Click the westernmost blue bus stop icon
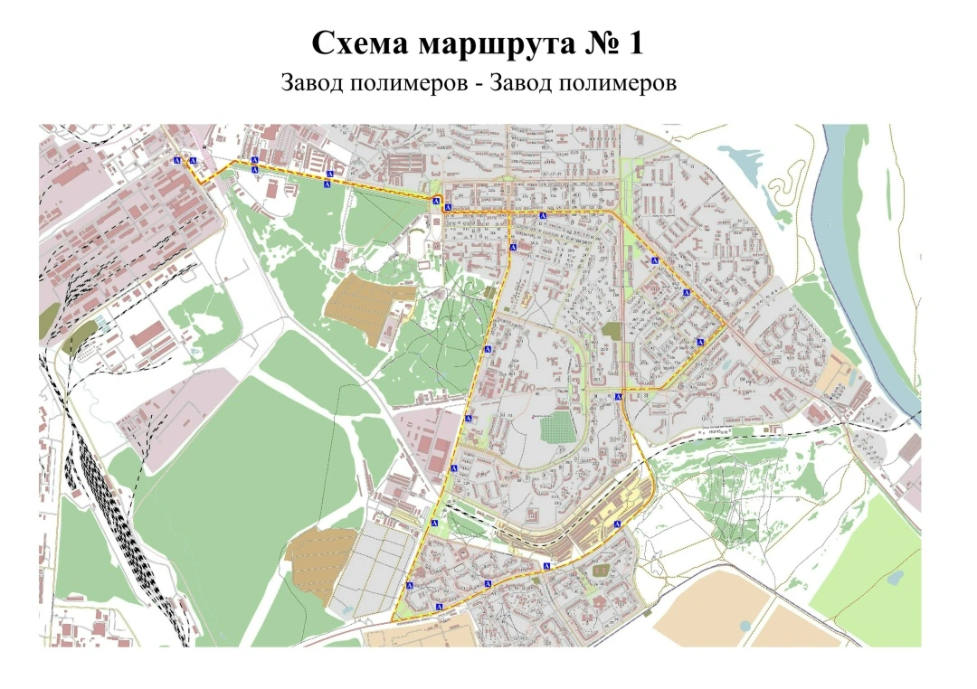click(177, 159)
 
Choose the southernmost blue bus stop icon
click(439, 605)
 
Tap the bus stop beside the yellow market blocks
click(618, 524)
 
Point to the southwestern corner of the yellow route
click(394, 619)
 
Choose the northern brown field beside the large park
click(366, 298)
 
